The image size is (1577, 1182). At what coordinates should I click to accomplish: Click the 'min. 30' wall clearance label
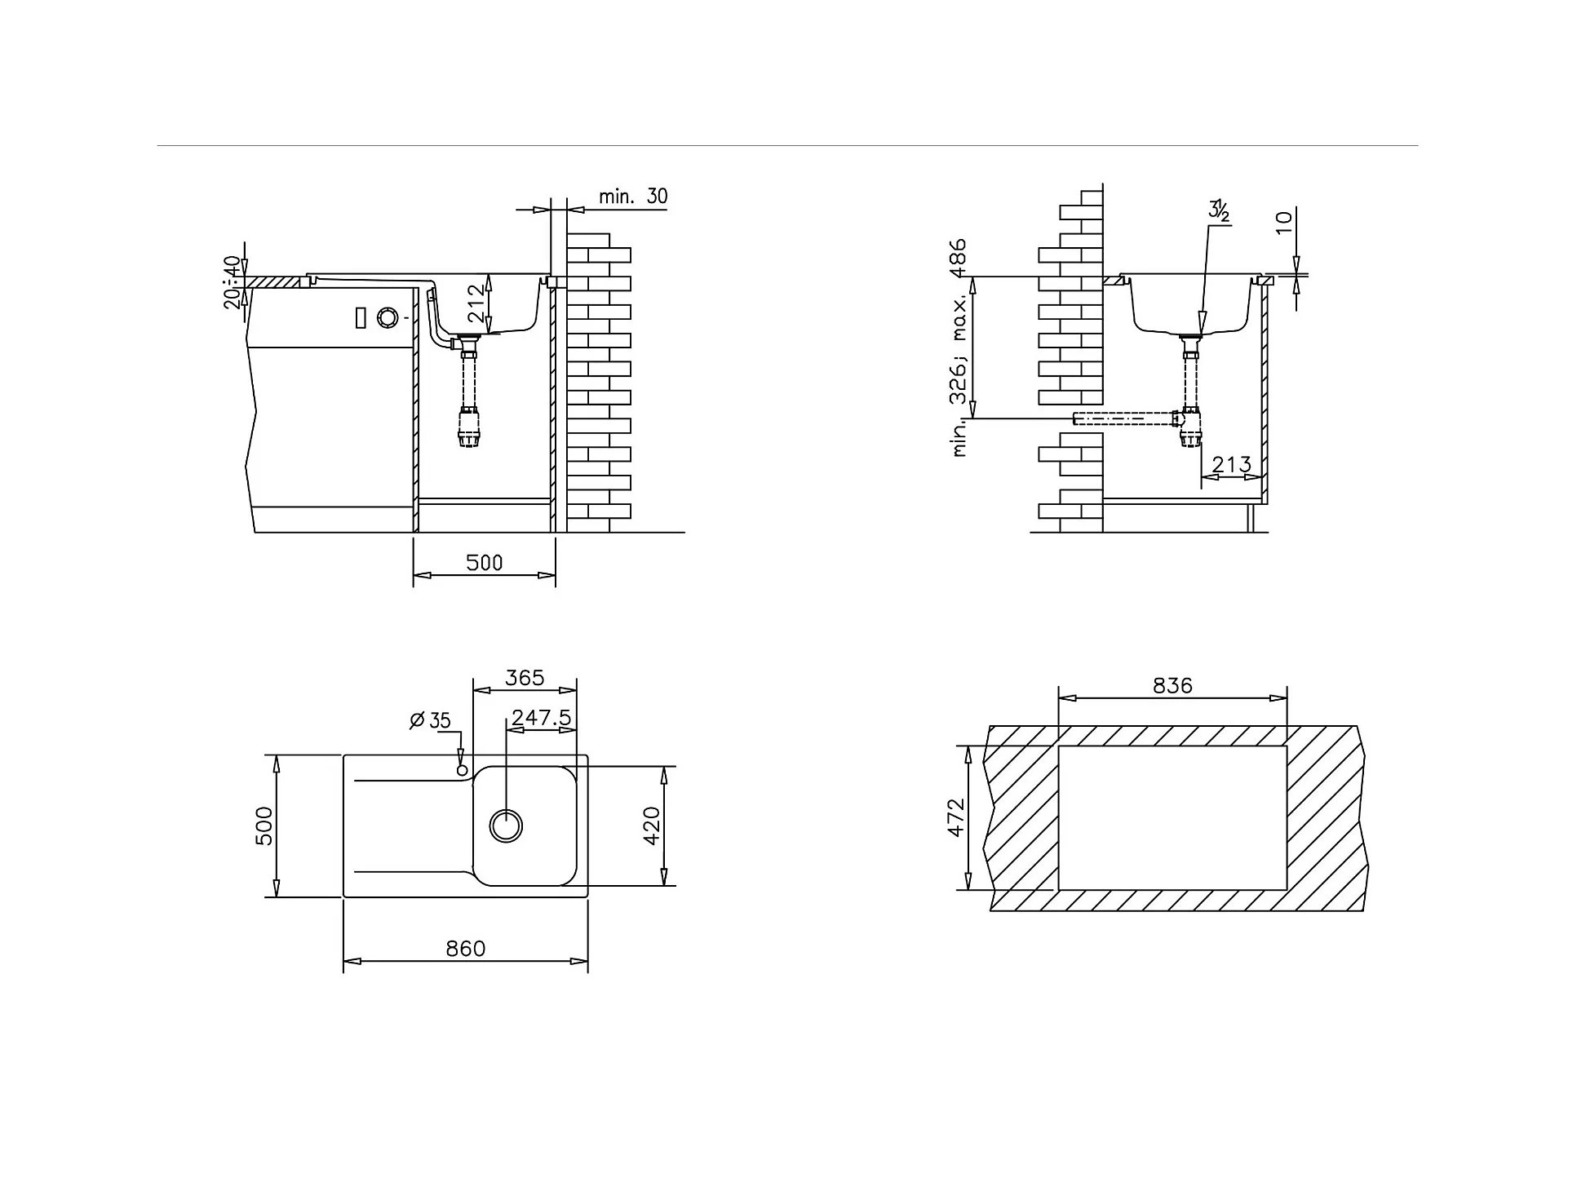click(x=632, y=197)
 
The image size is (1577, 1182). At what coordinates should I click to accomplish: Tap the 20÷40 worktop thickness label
click(x=233, y=282)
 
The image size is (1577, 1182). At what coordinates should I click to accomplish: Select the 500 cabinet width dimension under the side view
click(x=484, y=562)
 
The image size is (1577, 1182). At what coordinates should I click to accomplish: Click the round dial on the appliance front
click(x=388, y=317)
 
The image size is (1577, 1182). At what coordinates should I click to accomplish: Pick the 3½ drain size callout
click(x=1219, y=210)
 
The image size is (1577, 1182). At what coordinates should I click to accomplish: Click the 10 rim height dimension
click(x=1283, y=221)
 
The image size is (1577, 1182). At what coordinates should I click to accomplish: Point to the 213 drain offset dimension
click(x=1231, y=464)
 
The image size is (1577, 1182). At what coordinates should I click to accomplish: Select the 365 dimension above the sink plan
click(x=525, y=678)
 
